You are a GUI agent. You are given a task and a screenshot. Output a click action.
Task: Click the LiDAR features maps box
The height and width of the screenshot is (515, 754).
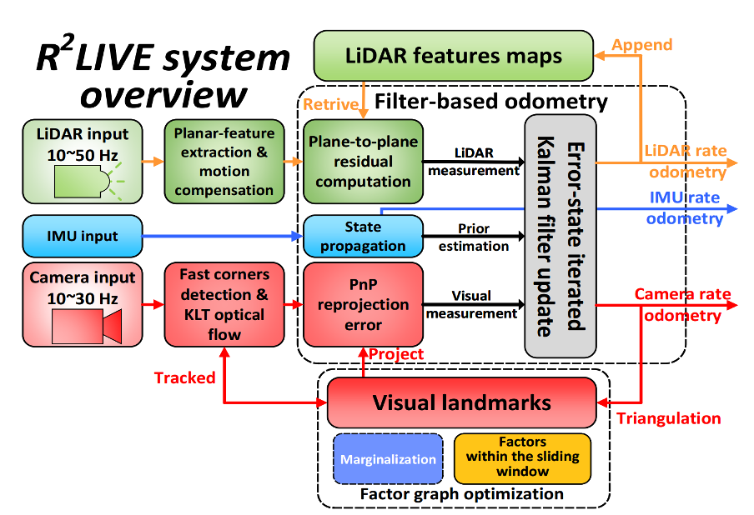[453, 57]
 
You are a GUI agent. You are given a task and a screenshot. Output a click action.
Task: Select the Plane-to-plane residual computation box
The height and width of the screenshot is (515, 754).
[362, 161]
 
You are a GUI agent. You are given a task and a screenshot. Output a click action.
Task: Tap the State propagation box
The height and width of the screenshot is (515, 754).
[362, 236]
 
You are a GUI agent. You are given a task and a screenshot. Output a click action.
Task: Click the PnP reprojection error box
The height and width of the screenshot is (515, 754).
[362, 304]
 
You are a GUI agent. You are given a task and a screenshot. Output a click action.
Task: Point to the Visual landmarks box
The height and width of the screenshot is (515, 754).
[461, 403]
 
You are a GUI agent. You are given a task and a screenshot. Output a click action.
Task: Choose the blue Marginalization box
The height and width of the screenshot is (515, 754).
[387, 459]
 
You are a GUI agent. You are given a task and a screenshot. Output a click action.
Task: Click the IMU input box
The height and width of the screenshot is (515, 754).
[82, 236]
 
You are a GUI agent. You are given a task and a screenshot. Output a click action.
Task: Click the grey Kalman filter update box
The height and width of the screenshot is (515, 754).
[560, 236]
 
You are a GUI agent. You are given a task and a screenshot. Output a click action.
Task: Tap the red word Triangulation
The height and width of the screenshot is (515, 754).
[668, 418]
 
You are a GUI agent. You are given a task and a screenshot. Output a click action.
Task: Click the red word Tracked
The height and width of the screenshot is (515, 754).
[184, 377]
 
